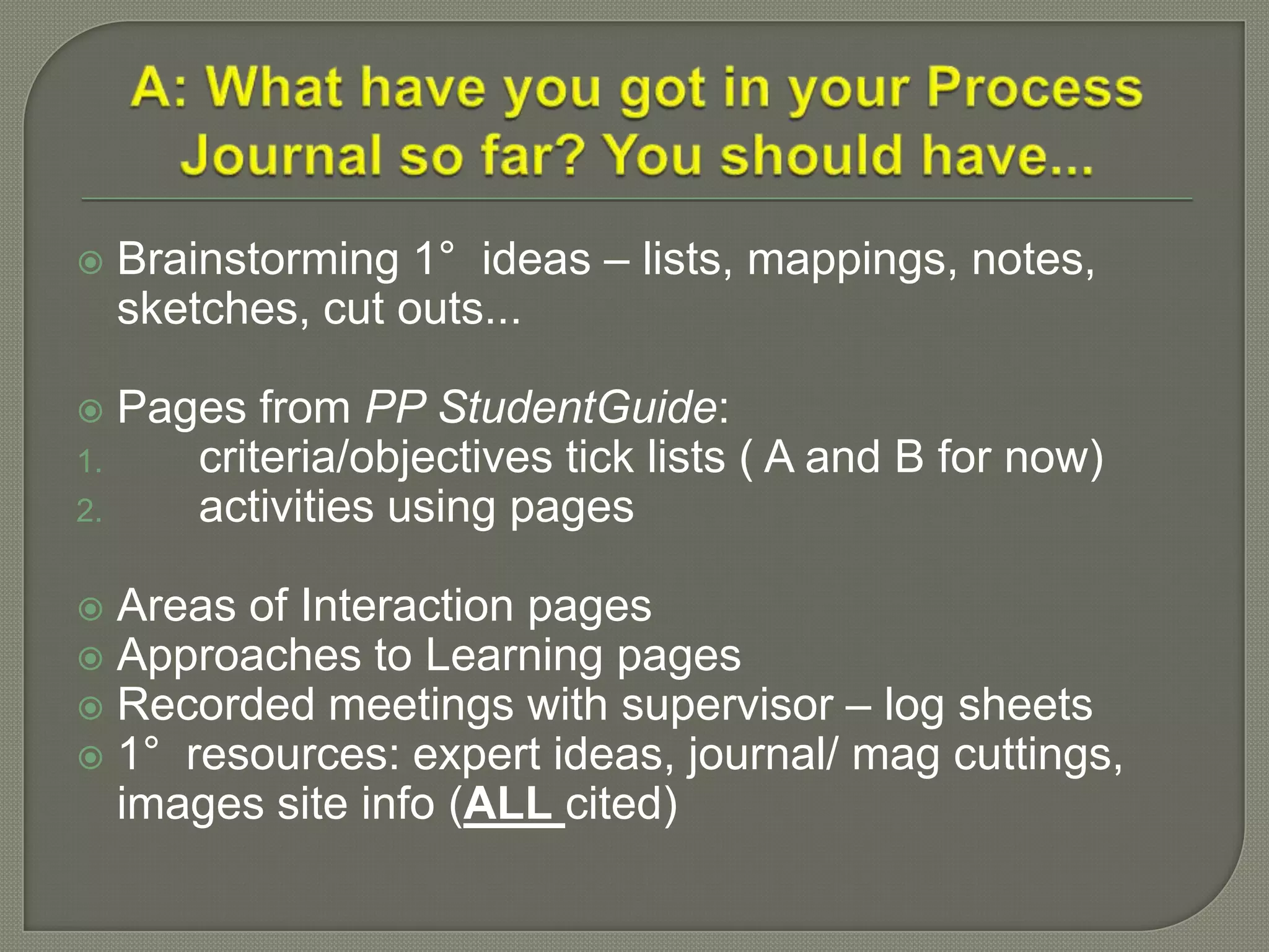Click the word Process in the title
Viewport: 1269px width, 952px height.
click(x=1034, y=89)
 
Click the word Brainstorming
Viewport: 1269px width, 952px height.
click(x=258, y=258)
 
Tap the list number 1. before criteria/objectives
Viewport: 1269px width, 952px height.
click(x=89, y=462)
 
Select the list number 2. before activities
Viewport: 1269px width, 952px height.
click(x=89, y=512)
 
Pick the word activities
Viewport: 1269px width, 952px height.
click(x=286, y=507)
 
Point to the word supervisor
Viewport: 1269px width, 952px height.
click(x=727, y=705)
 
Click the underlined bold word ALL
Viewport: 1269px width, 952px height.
click(x=508, y=804)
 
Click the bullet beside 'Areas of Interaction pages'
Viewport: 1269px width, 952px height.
click(x=91, y=609)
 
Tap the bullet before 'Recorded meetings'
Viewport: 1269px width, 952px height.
click(x=91, y=708)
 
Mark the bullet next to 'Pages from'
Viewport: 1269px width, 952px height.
click(x=91, y=411)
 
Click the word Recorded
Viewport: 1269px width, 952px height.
click(x=216, y=705)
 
